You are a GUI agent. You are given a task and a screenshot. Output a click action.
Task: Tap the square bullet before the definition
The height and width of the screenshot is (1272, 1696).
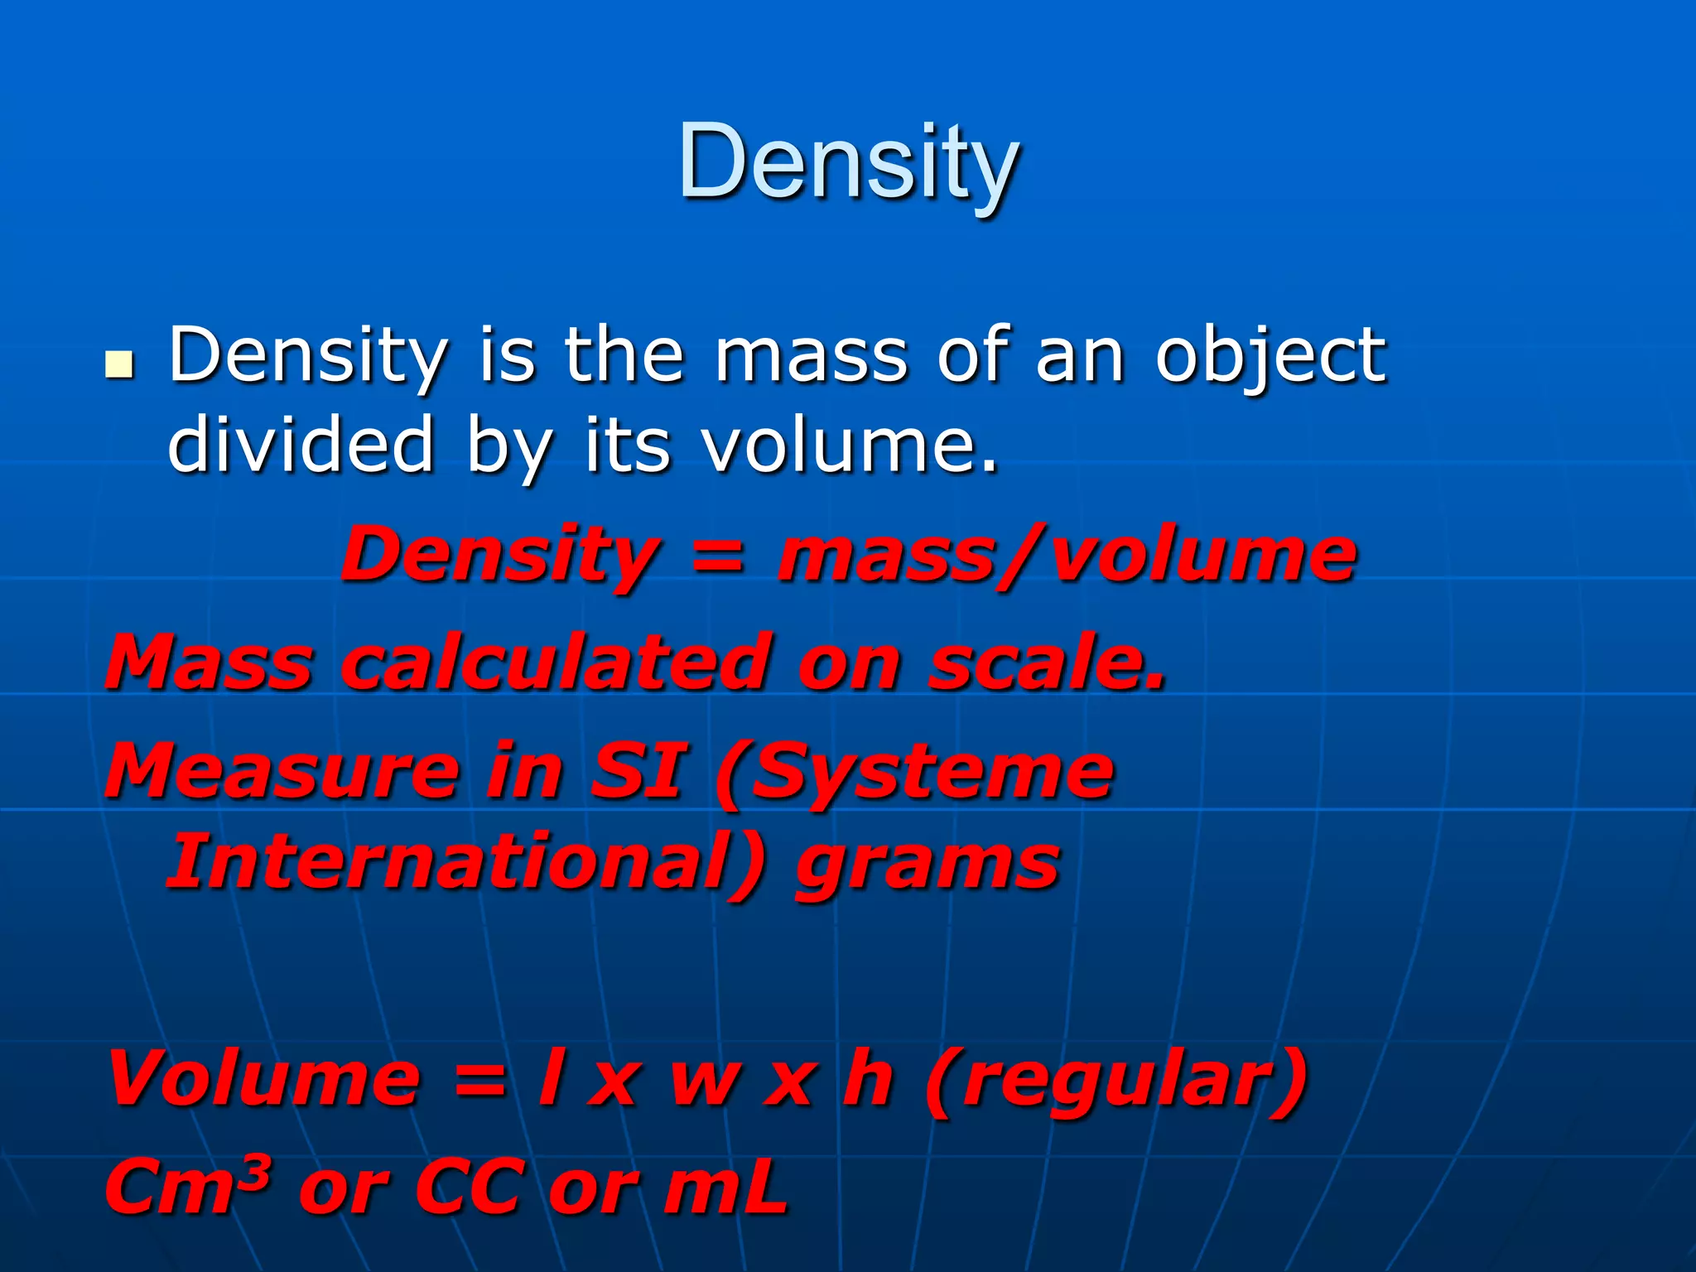[x=120, y=364]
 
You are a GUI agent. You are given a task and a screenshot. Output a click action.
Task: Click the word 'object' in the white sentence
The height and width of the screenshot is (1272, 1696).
[x=1270, y=356]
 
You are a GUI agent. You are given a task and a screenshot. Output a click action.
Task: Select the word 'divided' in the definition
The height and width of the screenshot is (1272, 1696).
[x=301, y=445]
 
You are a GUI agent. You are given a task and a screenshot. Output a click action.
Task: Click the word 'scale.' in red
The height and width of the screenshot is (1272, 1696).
[x=1046, y=662]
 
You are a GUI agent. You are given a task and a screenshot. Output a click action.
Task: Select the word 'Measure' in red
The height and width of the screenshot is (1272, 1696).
[x=282, y=772]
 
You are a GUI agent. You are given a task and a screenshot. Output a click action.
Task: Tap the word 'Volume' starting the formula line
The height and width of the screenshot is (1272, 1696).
[x=263, y=1078]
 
